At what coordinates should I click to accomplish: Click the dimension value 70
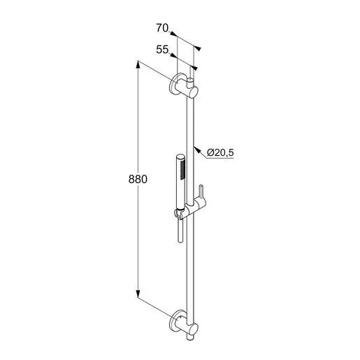pos(163,29)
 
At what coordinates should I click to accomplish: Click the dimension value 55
pos(163,50)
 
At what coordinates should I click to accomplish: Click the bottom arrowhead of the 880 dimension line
pos(138,295)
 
